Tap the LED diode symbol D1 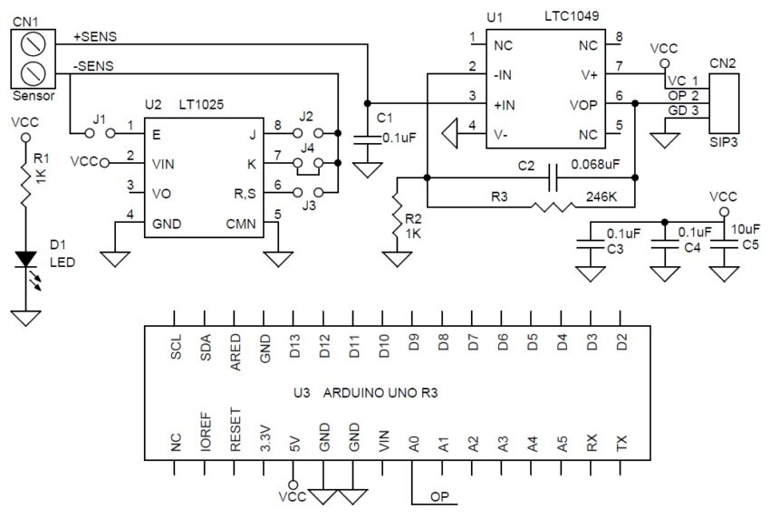[25, 261]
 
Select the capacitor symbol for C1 [367, 137]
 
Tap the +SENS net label [95, 37]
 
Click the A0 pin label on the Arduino [414, 445]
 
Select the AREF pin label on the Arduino [236, 351]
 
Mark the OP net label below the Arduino [439, 496]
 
